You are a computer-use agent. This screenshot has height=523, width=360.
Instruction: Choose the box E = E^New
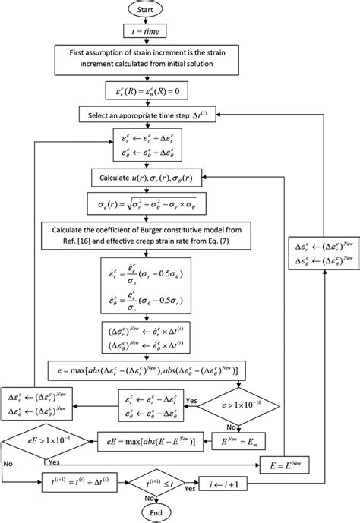click(x=264, y=460)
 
